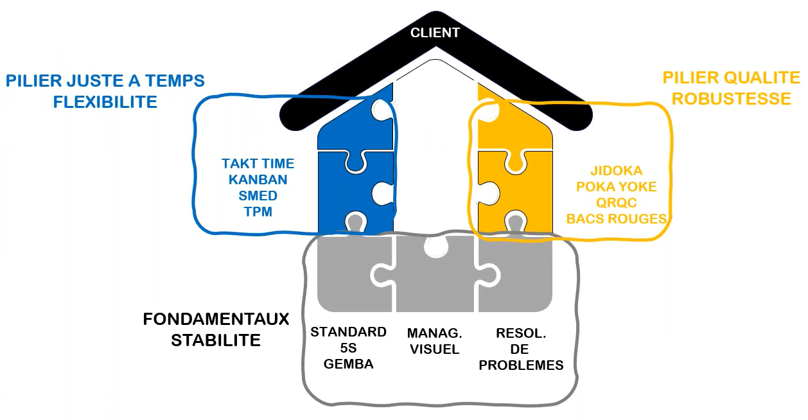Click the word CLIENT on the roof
[x=435, y=32]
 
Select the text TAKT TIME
[x=258, y=164]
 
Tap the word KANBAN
[x=258, y=180]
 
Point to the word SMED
[x=258, y=195]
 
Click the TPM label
[x=258, y=211]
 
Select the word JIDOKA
[x=616, y=171]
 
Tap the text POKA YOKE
[x=616, y=187]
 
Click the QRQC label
[x=616, y=203]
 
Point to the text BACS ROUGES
[x=616, y=219]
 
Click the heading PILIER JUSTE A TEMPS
[x=105, y=81]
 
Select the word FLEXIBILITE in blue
[x=105, y=101]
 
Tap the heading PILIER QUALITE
[x=732, y=78]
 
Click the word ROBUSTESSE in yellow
[x=732, y=98]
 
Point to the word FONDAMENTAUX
[x=216, y=320]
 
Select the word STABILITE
[x=216, y=340]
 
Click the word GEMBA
[x=349, y=365]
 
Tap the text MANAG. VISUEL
[x=435, y=341]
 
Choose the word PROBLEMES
[x=521, y=365]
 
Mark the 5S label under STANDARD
[x=349, y=349]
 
